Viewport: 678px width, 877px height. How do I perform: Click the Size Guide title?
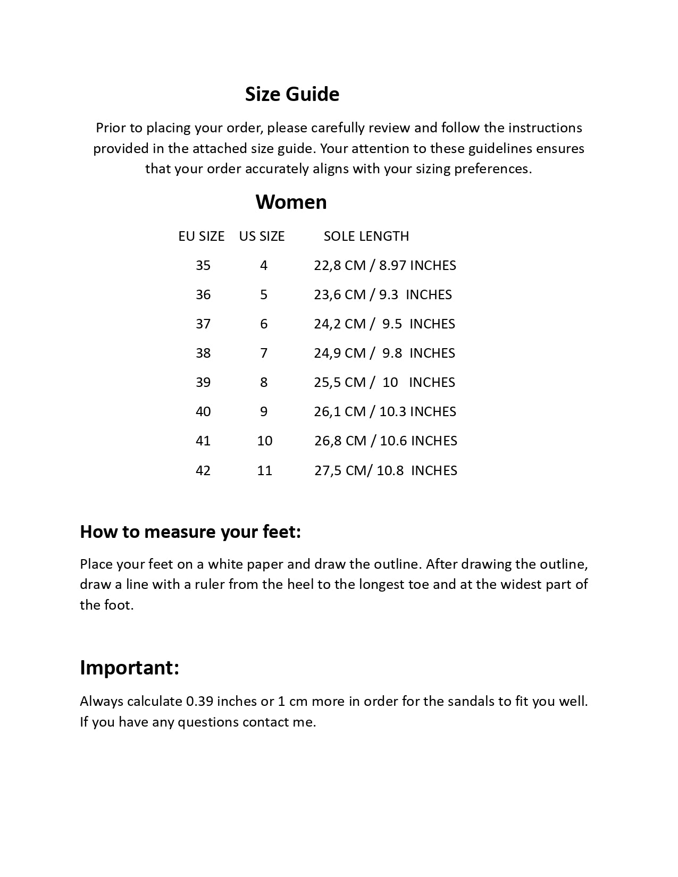tap(292, 94)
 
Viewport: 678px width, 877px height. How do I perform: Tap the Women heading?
tap(291, 202)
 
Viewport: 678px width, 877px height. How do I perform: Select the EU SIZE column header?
tap(201, 236)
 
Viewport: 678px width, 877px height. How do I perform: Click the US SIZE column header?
tap(262, 236)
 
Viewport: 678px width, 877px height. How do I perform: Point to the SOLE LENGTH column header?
tap(366, 236)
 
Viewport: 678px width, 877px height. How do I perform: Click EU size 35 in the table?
tap(203, 265)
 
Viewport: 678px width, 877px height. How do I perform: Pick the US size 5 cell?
tap(264, 294)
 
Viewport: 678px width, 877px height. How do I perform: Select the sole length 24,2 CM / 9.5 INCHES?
tap(384, 324)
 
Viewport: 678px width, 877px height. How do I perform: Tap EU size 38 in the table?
tap(203, 353)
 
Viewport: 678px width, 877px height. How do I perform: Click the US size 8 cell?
tap(264, 382)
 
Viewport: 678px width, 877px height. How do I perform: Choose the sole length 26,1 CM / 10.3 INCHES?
tap(384, 411)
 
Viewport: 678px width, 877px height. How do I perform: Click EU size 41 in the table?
tap(203, 441)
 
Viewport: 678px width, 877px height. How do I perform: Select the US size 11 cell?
tap(264, 470)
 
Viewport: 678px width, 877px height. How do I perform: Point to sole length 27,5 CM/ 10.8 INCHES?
tap(385, 470)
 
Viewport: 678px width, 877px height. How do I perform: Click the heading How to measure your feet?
tap(190, 532)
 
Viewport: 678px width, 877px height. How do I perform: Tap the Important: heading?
tap(129, 668)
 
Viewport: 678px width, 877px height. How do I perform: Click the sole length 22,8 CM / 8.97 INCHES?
tap(384, 265)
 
